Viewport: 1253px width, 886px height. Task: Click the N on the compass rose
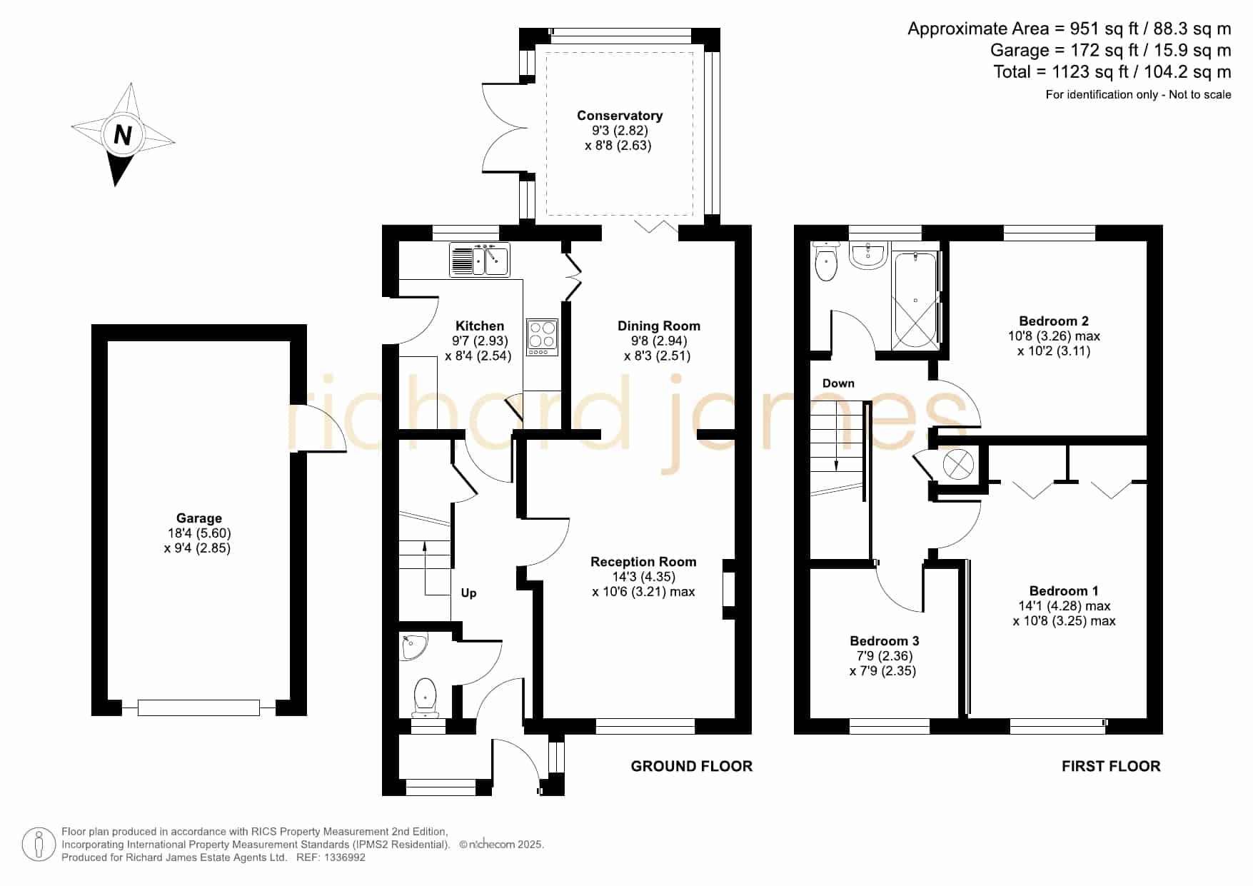(123, 135)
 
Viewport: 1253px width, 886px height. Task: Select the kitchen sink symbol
(479, 260)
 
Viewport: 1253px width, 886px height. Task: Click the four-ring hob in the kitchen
(542, 336)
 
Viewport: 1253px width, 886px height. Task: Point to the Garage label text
(199, 518)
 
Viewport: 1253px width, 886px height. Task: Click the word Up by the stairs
(468, 593)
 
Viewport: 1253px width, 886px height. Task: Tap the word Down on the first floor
(838, 383)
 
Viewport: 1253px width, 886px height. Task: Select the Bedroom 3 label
(884, 641)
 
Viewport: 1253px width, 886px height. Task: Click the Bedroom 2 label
(1053, 321)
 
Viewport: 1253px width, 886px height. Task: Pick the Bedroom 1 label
(1064, 591)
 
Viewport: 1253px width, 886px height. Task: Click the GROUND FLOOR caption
(691, 766)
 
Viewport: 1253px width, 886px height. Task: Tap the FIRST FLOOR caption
(1110, 766)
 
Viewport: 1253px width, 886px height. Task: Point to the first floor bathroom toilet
(826, 261)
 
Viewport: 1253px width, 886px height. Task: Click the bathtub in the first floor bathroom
(915, 300)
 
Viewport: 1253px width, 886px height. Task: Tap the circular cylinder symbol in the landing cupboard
(958, 465)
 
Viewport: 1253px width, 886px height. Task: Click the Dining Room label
(658, 326)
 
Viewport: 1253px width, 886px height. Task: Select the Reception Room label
(643, 562)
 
